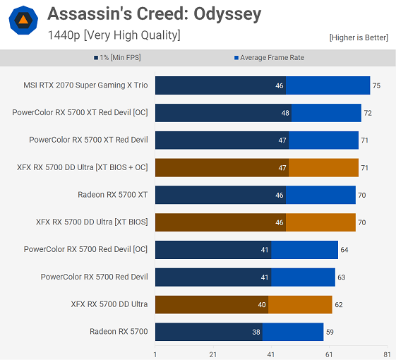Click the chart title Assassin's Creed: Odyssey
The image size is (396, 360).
[154, 13]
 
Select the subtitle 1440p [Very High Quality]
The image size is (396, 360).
[114, 35]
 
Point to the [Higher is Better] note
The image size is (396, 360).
[359, 37]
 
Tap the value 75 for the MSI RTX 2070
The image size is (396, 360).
[376, 85]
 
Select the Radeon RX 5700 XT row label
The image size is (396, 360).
[113, 195]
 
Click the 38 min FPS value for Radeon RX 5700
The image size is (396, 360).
[256, 332]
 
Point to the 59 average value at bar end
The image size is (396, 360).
[330, 332]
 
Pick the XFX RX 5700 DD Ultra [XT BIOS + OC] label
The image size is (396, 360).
[83, 167]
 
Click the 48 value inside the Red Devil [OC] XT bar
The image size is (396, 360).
[285, 113]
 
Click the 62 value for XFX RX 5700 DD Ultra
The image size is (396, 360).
[338, 304]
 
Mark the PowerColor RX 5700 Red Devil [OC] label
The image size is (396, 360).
[85, 249]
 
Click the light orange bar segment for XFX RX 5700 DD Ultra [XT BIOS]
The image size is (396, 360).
[320, 222]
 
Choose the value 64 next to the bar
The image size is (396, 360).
[344, 249]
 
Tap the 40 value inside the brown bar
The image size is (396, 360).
[262, 304]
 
